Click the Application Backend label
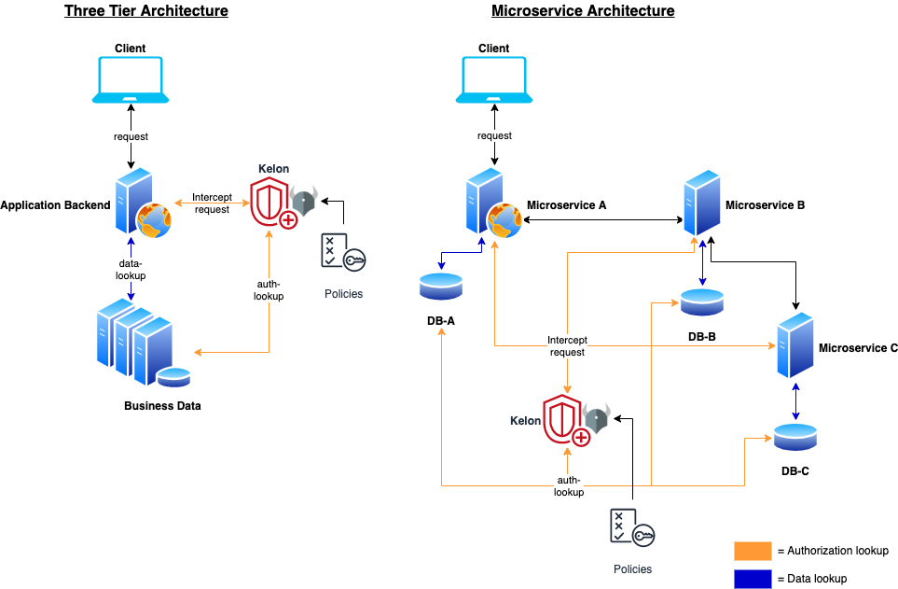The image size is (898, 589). click(56, 205)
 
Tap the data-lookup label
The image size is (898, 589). click(131, 270)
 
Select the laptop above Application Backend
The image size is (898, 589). click(131, 79)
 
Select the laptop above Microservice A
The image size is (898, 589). click(494, 79)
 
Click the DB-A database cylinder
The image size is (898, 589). click(441, 287)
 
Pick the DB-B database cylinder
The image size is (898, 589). click(702, 302)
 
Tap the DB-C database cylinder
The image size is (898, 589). click(795, 437)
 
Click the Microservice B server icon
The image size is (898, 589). click(702, 203)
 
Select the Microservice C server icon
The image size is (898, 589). click(795, 345)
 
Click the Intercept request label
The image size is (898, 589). click(567, 346)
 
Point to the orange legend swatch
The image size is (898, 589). click(753, 551)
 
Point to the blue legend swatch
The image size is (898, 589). click(753, 579)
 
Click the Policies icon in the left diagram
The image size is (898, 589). click(343, 252)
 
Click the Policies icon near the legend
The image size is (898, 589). click(632, 527)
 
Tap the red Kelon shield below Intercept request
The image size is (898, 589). click(565, 420)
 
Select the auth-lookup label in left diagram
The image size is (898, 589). click(269, 289)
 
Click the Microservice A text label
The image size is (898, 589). click(566, 205)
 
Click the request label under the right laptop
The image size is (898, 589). click(494, 135)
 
